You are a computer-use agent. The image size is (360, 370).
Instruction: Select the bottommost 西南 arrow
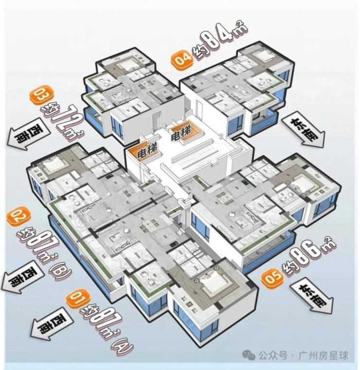click(x=50, y=325)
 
